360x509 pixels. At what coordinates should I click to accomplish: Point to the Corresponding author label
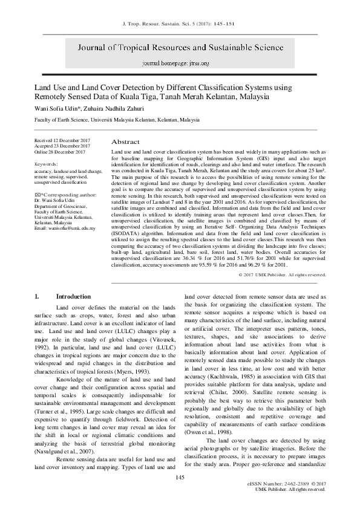(x=66, y=195)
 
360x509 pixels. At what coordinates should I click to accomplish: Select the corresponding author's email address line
(x=65, y=228)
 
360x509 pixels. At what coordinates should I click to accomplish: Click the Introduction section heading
(x=73, y=297)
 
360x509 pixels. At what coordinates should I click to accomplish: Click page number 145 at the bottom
(x=179, y=494)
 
